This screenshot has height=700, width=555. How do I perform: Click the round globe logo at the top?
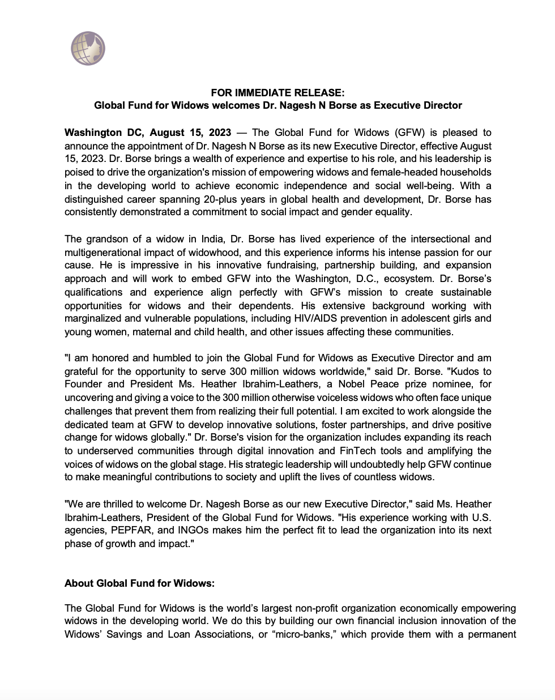[88, 49]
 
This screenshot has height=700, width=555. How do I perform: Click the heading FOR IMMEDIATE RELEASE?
[277, 92]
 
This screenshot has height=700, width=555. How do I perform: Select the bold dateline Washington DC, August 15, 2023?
[148, 133]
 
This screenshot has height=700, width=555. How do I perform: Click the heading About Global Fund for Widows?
[140, 583]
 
